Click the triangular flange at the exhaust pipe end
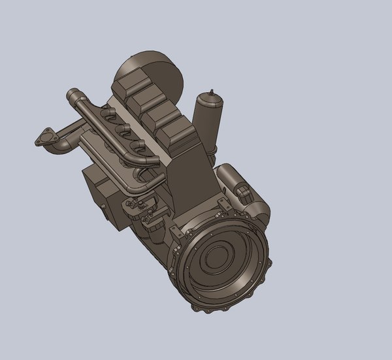(44, 139)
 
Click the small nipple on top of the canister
(212, 90)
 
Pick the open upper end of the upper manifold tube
(71, 97)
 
